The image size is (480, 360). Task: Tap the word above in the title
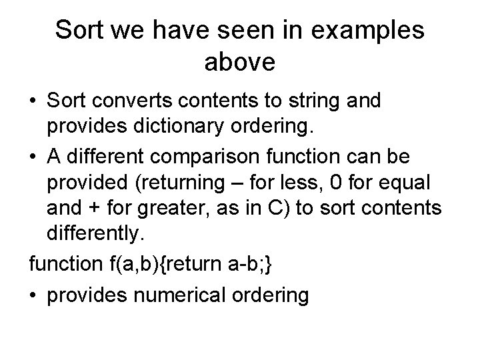point(239,63)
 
